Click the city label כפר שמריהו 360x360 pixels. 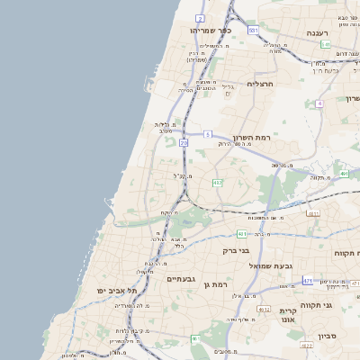click(x=211, y=31)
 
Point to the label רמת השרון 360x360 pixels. click(x=251, y=138)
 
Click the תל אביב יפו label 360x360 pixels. click(x=118, y=292)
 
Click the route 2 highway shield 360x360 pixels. click(x=200, y=17)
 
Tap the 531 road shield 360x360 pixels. click(x=254, y=31)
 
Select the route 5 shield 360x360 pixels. click(x=207, y=135)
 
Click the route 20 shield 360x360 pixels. click(x=184, y=142)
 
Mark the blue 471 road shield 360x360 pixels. click(x=308, y=281)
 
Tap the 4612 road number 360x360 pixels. click(x=306, y=345)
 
